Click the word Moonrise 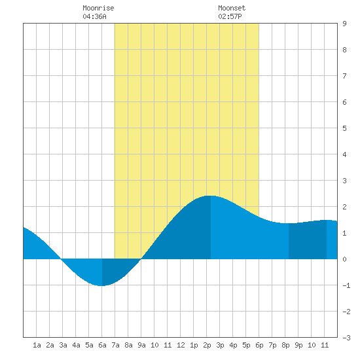98,8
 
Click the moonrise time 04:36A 94,16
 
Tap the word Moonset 232,8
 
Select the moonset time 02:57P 230,16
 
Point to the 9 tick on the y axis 344,24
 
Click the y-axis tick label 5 344,128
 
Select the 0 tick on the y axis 344,259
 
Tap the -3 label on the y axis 346,338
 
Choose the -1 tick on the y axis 346,285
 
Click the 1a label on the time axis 37,345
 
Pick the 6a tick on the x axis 102,345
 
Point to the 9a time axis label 141,345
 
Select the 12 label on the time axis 181,345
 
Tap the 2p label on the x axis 207,345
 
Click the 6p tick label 259,345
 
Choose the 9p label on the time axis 298,345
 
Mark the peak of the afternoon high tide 211,196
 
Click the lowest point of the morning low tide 101,286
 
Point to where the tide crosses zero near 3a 61,259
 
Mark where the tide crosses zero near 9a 141,259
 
